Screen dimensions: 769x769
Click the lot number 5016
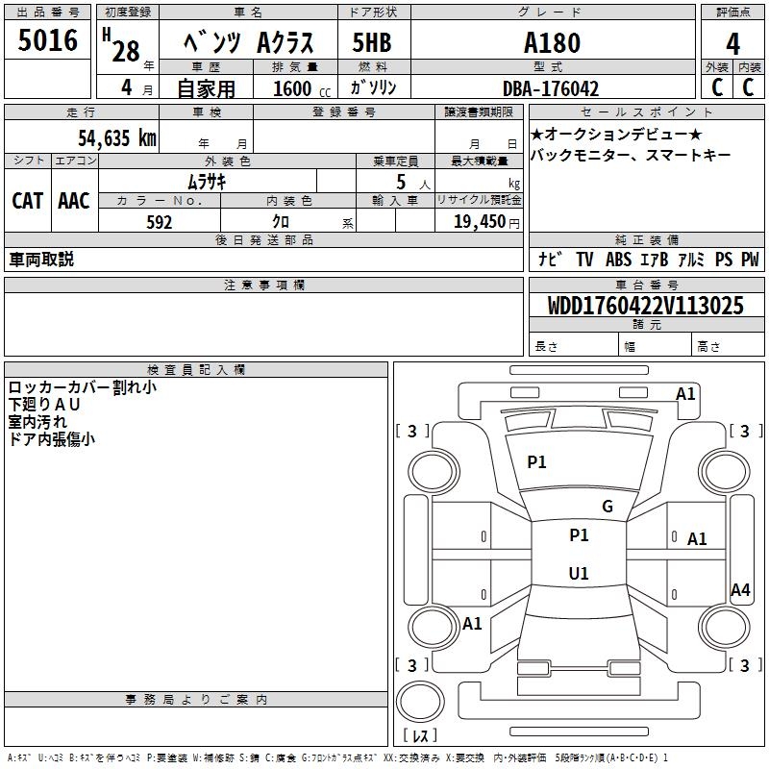pyautogui.click(x=48, y=40)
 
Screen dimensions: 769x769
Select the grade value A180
pyautogui.click(x=552, y=43)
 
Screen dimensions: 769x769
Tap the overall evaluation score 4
pyautogui.click(x=733, y=44)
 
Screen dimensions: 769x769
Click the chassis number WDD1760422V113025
pyautogui.click(x=646, y=307)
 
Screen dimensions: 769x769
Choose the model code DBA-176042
pyautogui.click(x=551, y=88)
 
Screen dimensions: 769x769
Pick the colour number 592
pyautogui.click(x=160, y=222)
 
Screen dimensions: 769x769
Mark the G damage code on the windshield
pyautogui.click(x=607, y=507)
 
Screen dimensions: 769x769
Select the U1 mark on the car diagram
pyautogui.click(x=578, y=574)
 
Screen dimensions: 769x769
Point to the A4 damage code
pyautogui.click(x=740, y=590)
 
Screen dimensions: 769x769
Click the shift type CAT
pyautogui.click(x=28, y=201)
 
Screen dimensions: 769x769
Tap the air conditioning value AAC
pyautogui.click(x=74, y=201)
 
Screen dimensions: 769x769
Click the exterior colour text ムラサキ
pyautogui.click(x=206, y=181)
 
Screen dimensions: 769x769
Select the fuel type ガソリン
pyautogui.click(x=374, y=88)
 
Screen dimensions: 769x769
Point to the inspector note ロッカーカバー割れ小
pyautogui.click(x=83, y=387)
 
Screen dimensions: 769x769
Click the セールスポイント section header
pyautogui.click(x=647, y=112)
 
